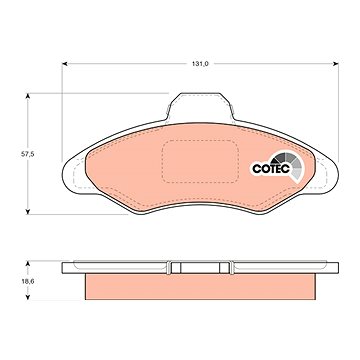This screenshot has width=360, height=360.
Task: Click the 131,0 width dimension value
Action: pos(200,64)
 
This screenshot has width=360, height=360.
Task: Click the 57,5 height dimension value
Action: pos(27,154)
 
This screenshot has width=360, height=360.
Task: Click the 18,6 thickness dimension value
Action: pos(28,281)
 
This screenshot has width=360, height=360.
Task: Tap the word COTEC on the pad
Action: pos(271,169)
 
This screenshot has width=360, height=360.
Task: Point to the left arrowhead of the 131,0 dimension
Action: pos(65,64)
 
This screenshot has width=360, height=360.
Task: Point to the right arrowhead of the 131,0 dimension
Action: pos(335,64)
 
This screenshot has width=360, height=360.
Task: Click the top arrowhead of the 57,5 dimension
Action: pos(28,96)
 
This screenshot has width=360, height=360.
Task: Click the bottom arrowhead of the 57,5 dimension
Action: pos(28,211)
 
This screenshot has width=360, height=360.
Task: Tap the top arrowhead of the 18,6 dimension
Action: pos(28,264)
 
